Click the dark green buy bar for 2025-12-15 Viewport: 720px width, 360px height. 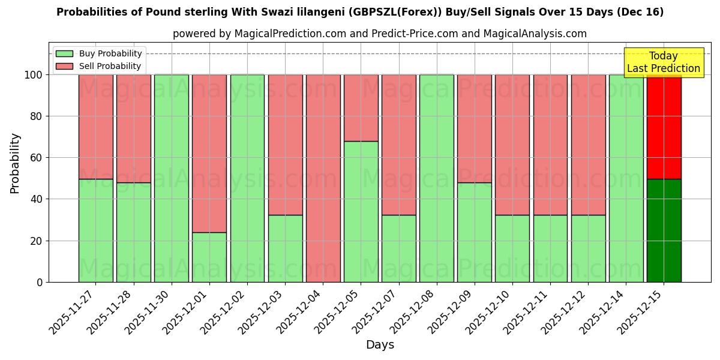pos(664,230)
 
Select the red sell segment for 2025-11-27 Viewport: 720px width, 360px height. pos(96,127)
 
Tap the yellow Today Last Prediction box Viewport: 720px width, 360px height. pos(663,62)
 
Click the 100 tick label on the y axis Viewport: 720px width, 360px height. pos(33,75)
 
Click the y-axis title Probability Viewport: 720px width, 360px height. pos(15,163)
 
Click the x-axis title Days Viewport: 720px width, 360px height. pos(380,345)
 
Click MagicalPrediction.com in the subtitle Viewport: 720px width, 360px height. pos(291,34)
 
